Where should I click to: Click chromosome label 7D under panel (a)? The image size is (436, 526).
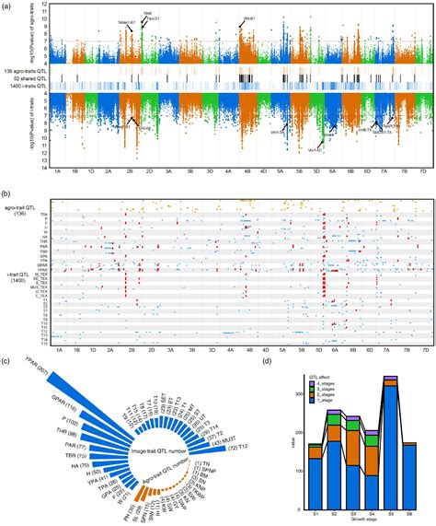(x=422, y=171)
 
